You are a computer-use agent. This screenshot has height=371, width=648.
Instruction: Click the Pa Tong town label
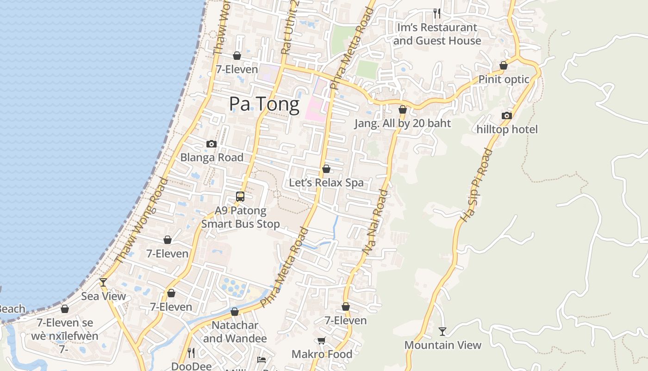264,104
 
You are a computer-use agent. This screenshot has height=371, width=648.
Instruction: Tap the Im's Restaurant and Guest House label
437,34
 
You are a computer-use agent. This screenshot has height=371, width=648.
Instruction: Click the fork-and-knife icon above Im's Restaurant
436,13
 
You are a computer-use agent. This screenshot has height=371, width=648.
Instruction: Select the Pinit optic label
504,79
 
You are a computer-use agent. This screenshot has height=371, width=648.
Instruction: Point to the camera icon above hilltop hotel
507,115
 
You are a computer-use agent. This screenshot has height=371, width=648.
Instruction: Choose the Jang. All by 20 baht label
402,123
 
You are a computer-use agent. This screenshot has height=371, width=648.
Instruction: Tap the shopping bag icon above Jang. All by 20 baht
403,109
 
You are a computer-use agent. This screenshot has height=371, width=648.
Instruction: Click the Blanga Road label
212,158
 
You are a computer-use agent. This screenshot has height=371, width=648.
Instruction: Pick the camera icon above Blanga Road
212,144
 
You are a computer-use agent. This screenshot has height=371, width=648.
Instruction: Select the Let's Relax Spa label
326,183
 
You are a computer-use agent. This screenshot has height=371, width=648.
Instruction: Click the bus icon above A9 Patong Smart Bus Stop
240,196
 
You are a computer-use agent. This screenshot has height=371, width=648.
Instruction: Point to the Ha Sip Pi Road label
477,185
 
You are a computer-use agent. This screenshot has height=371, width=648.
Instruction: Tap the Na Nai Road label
375,221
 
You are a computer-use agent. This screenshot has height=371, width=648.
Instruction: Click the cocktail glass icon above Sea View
103,282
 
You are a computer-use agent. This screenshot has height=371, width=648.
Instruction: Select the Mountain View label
443,345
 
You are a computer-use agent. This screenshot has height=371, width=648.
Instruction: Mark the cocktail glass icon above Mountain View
442,331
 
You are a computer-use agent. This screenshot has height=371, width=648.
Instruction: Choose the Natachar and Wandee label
235,332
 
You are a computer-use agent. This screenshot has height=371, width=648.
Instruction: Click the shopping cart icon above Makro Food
322,341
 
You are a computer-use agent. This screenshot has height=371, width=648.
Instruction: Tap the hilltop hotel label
507,129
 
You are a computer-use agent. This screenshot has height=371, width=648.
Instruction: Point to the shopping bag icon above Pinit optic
503,65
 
